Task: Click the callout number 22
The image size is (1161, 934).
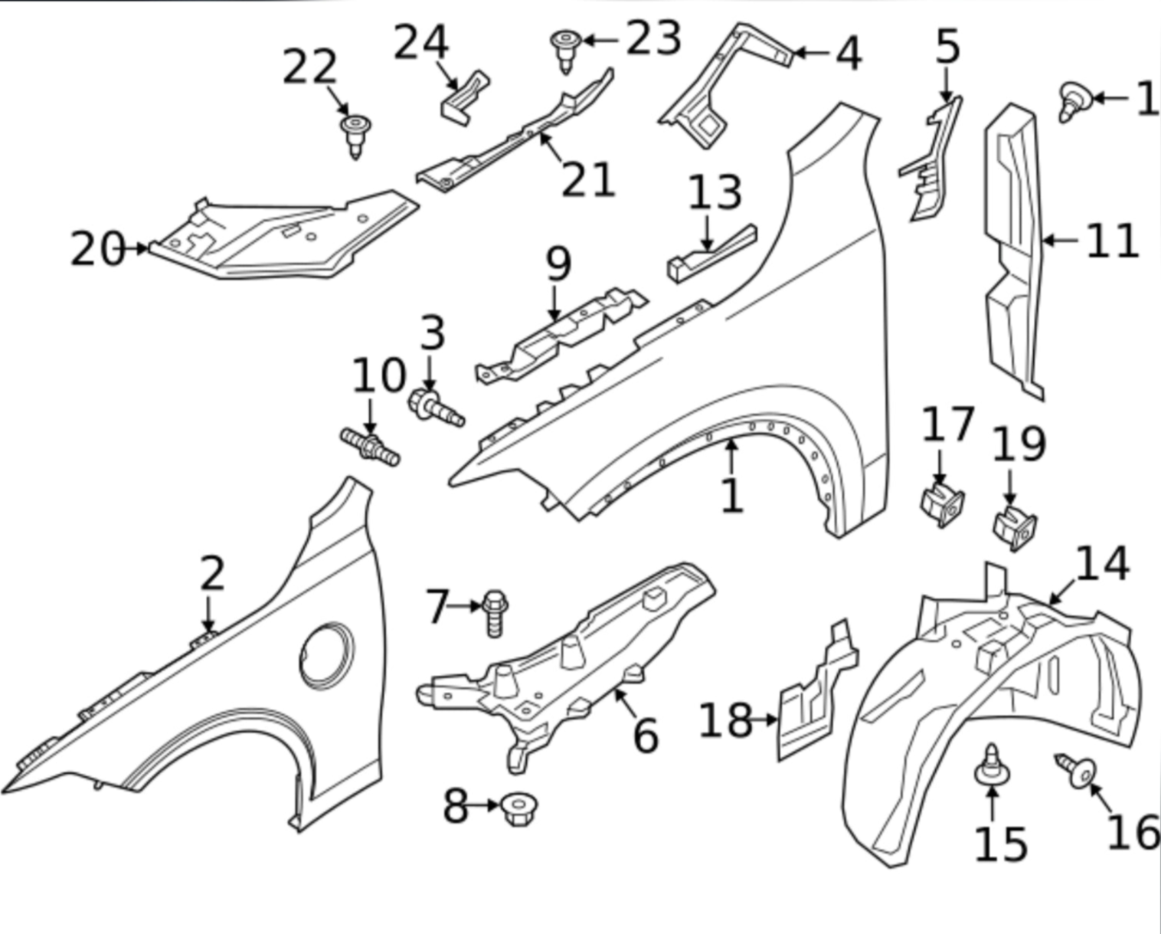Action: [309, 67]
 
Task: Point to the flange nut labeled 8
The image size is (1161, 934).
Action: [518, 808]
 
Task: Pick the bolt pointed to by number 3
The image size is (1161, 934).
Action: [435, 405]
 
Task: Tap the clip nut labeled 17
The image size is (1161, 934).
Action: [941, 503]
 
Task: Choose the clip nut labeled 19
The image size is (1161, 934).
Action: [1015, 527]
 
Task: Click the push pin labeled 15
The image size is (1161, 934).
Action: [992, 767]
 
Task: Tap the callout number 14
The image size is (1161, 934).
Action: [1102, 564]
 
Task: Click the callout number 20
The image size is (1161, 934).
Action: [96, 249]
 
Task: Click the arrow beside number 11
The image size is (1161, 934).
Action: [1061, 241]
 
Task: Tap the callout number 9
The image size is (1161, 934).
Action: [558, 264]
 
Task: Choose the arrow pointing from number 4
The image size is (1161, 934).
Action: [809, 53]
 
